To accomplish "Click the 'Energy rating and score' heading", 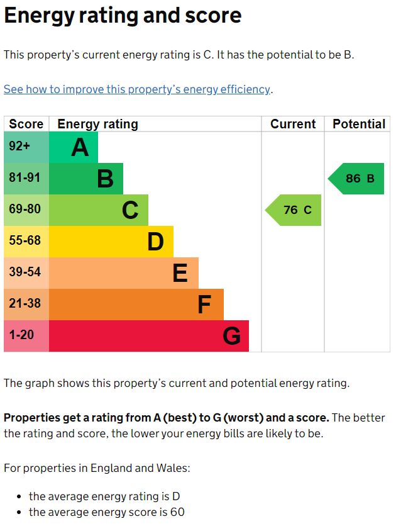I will (123, 16).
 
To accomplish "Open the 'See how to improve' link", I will (137, 89).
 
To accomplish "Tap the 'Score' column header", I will (26, 124).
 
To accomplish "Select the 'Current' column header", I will (293, 124).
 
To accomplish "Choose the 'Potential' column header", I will (359, 124).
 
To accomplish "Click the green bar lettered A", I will (73, 147).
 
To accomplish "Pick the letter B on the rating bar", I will (105, 179).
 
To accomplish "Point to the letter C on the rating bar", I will (130, 210).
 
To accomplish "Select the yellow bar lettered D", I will (111, 242).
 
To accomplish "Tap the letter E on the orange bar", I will (180, 273).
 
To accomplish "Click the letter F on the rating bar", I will (204, 305).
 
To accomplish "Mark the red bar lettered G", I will (148, 336).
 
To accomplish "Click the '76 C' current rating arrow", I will (295, 210).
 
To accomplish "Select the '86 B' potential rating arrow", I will (358, 179).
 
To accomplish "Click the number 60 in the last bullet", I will (177, 512).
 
